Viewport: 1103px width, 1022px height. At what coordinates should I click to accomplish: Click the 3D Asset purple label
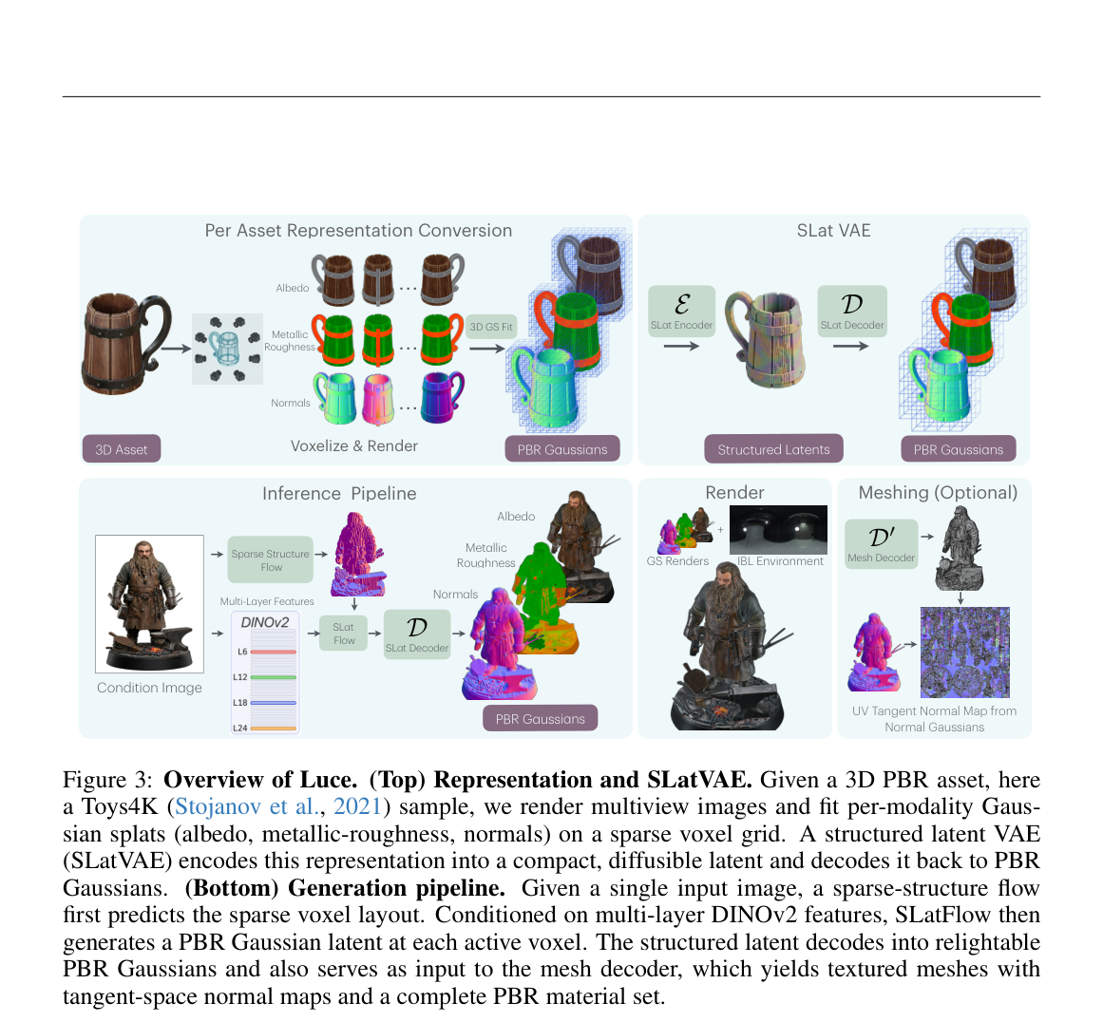tap(121, 448)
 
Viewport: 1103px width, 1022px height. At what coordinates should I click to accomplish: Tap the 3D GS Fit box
tap(491, 327)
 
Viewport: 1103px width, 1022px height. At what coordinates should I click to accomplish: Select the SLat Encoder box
tap(681, 311)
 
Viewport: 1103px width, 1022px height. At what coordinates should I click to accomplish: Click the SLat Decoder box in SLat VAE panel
tap(852, 311)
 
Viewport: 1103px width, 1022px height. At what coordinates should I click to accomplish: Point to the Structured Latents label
tap(773, 448)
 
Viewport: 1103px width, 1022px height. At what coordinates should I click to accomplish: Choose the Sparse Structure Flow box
tap(271, 559)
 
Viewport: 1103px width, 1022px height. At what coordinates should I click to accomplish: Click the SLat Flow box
tap(343, 633)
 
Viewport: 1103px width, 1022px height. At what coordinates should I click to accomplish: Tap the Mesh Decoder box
tap(881, 543)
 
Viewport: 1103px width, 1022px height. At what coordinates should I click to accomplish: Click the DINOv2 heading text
tap(264, 622)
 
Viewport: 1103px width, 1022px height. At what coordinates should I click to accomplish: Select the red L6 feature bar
tap(273, 652)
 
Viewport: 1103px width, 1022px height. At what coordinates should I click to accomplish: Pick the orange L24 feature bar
tap(273, 729)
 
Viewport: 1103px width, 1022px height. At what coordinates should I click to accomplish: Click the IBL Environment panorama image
tap(779, 530)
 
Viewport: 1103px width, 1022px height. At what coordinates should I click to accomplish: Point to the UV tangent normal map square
tap(965, 652)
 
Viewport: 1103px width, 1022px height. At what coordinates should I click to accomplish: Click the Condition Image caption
tap(149, 688)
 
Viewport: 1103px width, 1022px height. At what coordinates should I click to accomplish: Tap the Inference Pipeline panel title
tap(339, 494)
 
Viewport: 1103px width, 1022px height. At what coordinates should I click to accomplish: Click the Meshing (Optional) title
tap(938, 493)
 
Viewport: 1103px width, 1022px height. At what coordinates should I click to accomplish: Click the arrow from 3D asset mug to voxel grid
tap(176, 349)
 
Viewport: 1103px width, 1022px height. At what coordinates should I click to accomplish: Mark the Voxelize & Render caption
tap(353, 446)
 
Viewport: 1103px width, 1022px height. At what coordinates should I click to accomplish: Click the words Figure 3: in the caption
tap(107, 780)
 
